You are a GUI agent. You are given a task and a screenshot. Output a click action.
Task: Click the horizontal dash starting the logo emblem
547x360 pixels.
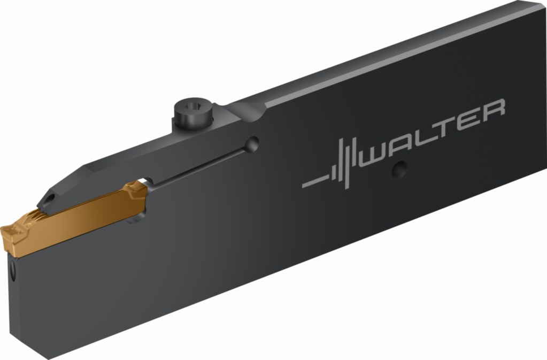[315, 182]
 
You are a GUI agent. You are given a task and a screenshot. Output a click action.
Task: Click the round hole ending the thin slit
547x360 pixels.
[251, 144]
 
